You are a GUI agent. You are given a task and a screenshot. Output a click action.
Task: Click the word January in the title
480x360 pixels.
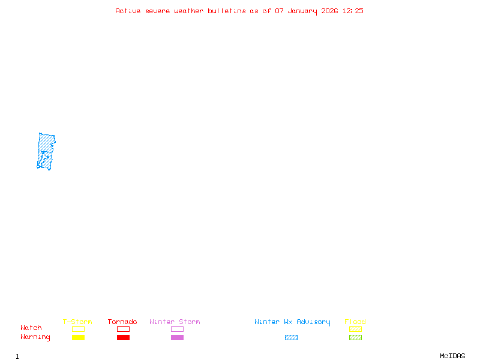(302, 11)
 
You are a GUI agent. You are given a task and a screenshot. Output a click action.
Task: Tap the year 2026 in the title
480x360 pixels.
(329, 11)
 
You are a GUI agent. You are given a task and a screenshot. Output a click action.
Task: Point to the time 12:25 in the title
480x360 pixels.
(353, 11)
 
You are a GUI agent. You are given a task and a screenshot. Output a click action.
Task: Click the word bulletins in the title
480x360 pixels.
(227, 11)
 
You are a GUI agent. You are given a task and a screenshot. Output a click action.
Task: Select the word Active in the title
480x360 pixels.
(128, 11)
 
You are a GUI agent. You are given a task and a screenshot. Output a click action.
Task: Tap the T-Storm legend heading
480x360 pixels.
(77, 322)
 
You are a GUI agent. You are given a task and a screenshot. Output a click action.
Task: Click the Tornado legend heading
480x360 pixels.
(122, 322)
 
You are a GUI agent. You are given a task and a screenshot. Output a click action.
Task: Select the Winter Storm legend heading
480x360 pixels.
(175, 322)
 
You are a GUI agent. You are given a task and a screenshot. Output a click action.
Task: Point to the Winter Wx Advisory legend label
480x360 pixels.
(292, 322)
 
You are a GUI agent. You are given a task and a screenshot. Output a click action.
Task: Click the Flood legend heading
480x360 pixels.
(355, 322)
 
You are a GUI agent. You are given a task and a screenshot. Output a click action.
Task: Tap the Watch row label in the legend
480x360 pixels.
(31, 328)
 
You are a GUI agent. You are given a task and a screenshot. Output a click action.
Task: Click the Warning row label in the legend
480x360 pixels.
(35, 337)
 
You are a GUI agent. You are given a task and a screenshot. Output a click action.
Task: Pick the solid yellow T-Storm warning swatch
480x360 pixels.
(79, 337)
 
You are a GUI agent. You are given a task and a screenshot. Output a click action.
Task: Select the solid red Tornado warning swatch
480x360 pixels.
(124, 337)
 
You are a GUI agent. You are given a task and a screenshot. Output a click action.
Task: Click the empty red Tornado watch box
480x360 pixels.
(124, 326)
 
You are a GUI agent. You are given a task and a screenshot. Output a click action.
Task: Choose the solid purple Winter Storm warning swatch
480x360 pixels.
(177, 337)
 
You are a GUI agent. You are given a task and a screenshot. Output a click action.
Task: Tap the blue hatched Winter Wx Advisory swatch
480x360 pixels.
(291, 337)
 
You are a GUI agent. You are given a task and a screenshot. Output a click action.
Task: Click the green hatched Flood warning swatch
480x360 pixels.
(355, 337)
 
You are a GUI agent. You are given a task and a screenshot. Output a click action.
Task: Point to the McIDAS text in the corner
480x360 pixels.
(452, 356)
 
